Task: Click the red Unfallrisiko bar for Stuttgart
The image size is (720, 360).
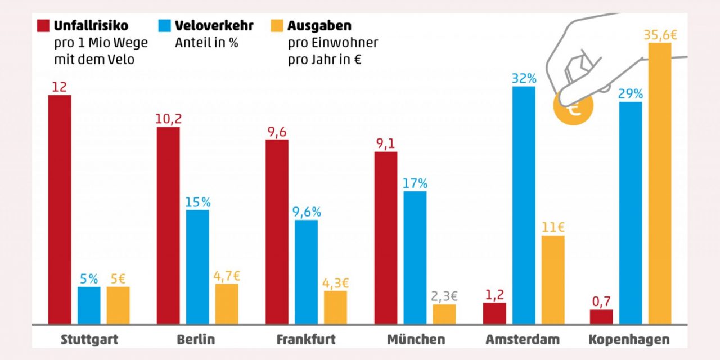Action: pyautogui.click(x=60, y=209)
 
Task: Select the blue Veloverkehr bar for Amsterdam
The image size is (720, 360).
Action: pyautogui.click(x=524, y=205)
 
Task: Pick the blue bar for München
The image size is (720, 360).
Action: pyautogui.click(x=415, y=258)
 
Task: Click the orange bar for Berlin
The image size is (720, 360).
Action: pyautogui.click(x=227, y=304)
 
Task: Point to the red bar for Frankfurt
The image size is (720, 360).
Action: pyautogui.click(x=277, y=232)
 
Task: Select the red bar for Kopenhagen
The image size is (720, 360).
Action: pyautogui.click(x=601, y=317)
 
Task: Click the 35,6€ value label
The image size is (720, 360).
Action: pyautogui.click(x=660, y=35)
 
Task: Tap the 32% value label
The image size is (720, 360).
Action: pyautogui.click(x=524, y=78)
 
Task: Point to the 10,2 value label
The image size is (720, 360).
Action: pyautogui.click(x=169, y=119)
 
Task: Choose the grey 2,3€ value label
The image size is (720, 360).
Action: pyautogui.click(x=444, y=296)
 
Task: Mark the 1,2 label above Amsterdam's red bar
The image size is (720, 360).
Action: pyautogui.click(x=494, y=294)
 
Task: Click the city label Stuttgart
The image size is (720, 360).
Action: pyautogui.click(x=89, y=340)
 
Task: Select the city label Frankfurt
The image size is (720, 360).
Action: pyautogui.click(x=306, y=340)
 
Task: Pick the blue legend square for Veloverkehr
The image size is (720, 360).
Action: pyautogui.click(x=165, y=26)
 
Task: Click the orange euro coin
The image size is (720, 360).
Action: pyautogui.click(x=573, y=108)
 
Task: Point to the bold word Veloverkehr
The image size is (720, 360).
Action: pyautogui.click(x=214, y=26)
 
